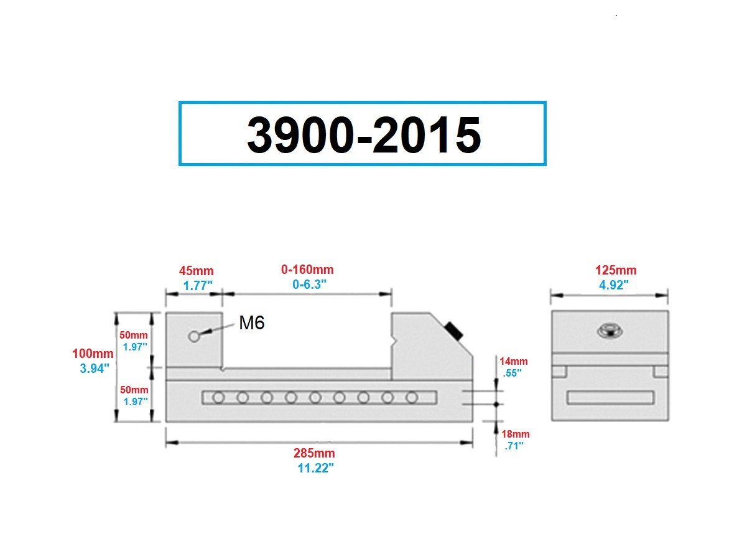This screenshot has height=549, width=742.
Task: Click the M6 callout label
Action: (x=252, y=322)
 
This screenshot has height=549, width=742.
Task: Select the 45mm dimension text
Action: (x=196, y=271)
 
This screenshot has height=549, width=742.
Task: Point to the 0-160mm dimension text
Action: (x=307, y=270)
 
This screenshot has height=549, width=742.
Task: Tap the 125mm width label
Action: (x=616, y=271)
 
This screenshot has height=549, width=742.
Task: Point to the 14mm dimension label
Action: (x=514, y=361)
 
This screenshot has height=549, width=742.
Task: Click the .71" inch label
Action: (x=514, y=446)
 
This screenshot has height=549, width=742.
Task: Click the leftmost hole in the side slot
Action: (x=218, y=397)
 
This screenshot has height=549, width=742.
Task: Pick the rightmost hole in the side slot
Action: (x=411, y=397)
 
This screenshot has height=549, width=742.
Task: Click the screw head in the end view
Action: (x=609, y=331)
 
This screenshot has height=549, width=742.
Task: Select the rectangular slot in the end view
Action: (x=610, y=398)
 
